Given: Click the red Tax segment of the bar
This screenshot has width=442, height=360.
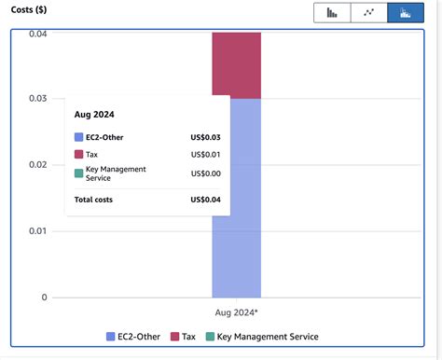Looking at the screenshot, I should coord(236,65).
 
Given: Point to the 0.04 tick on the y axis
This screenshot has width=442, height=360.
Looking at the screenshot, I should coord(37,35).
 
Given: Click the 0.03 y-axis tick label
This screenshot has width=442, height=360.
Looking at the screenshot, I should coord(37,99).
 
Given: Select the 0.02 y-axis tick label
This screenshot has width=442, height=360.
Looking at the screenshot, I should coord(37,165).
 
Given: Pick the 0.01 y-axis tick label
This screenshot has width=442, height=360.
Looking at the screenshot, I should coord(37,231).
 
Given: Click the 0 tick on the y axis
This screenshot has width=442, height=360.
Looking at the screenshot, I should coord(44,298).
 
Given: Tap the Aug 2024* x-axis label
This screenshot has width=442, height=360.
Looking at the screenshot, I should coord(237,314).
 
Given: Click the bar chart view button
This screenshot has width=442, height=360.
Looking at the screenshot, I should coord(333,13).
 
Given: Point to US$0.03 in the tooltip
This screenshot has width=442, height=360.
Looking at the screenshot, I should coord(205,137).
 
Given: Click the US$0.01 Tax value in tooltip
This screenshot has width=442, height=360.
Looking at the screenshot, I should coord(205,154).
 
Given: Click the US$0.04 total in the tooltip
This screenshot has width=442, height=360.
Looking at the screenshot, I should coord(205,199).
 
